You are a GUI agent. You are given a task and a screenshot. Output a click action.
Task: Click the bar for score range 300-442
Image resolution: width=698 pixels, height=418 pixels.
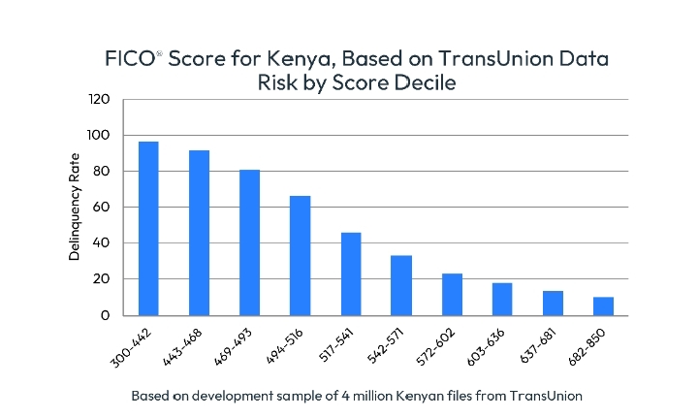coord(148,228)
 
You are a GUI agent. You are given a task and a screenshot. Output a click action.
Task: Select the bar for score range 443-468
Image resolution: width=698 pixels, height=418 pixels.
coord(199,233)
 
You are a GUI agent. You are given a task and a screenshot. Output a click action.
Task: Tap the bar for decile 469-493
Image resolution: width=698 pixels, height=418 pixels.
coord(249,242)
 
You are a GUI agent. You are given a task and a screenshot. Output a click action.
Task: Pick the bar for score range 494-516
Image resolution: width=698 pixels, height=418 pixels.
coord(300,255)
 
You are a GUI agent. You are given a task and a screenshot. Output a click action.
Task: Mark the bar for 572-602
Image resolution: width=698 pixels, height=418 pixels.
coord(452,294)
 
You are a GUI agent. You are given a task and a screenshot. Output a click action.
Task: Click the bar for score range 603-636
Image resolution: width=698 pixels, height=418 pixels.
coord(502,299)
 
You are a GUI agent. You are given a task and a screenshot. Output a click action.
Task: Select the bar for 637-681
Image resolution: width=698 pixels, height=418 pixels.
coord(553,303)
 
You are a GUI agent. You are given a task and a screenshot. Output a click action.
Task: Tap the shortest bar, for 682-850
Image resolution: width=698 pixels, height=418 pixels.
coord(603,305)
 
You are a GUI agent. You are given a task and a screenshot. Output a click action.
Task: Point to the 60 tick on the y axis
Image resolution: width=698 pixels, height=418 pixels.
coord(103,207)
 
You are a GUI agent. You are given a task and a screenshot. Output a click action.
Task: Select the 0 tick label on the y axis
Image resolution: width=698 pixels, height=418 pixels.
coord(107,315)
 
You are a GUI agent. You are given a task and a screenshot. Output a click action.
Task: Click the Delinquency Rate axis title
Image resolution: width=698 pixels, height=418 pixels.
coord(74,208)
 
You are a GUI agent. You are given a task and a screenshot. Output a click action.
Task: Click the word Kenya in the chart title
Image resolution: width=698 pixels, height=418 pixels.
coord(299,58)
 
